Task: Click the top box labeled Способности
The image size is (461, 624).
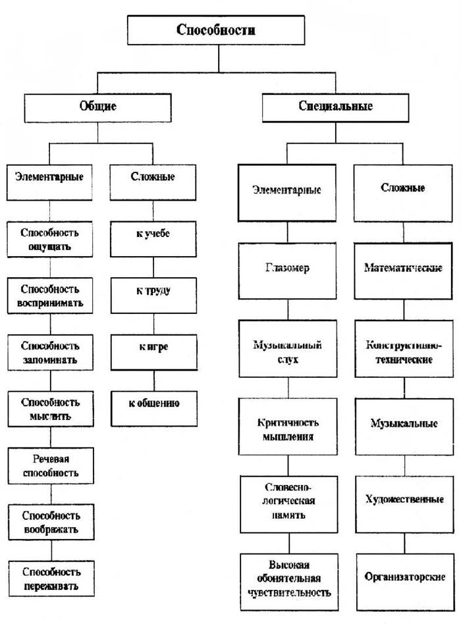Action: (x=216, y=30)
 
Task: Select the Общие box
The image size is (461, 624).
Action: (x=97, y=108)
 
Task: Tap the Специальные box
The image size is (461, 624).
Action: (x=335, y=108)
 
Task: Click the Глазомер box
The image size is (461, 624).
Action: (x=287, y=271)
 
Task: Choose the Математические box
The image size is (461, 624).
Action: (x=403, y=271)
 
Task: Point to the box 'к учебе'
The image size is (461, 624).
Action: (x=153, y=239)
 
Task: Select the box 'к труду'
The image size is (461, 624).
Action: (x=153, y=296)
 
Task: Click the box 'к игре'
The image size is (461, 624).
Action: (x=153, y=352)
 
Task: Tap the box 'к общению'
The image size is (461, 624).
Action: (x=154, y=409)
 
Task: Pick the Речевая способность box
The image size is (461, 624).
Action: (x=51, y=465)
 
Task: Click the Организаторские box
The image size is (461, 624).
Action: (x=405, y=582)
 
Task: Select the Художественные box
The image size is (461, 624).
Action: (x=404, y=505)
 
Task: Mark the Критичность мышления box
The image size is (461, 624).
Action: (x=288, y=427)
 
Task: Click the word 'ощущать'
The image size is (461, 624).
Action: (x=49, y=247)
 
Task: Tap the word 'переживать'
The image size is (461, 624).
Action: (x=51, y=586)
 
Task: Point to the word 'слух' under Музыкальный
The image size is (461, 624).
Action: (x=287, y=360)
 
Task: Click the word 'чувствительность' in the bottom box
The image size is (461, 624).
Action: (x=289, y=592)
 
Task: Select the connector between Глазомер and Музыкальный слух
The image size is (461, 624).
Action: (x=288, y=309)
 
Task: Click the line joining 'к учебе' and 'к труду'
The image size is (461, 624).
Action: (x=153, y=267)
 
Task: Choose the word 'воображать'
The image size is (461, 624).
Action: (x=51, y=530)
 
